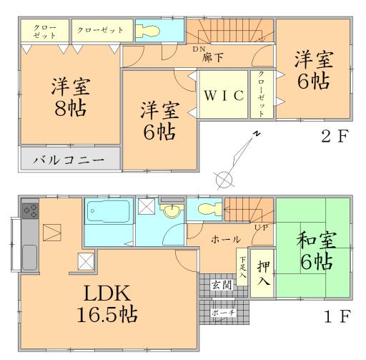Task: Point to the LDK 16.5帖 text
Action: click(x=108, y=303)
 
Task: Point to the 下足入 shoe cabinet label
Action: click(x=242, y=266)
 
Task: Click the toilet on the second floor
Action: click(x=154, y=31)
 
